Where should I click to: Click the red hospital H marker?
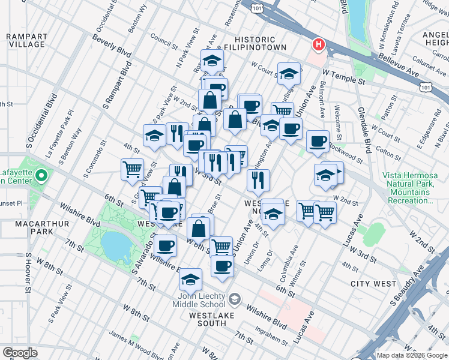319,44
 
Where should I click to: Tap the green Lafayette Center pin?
41,176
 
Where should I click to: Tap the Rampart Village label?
26,40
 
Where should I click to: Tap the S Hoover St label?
28,273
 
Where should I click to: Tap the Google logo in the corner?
19,353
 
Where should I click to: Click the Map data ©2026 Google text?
411,355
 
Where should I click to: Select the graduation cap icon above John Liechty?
191,278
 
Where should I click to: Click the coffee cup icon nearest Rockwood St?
318,142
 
